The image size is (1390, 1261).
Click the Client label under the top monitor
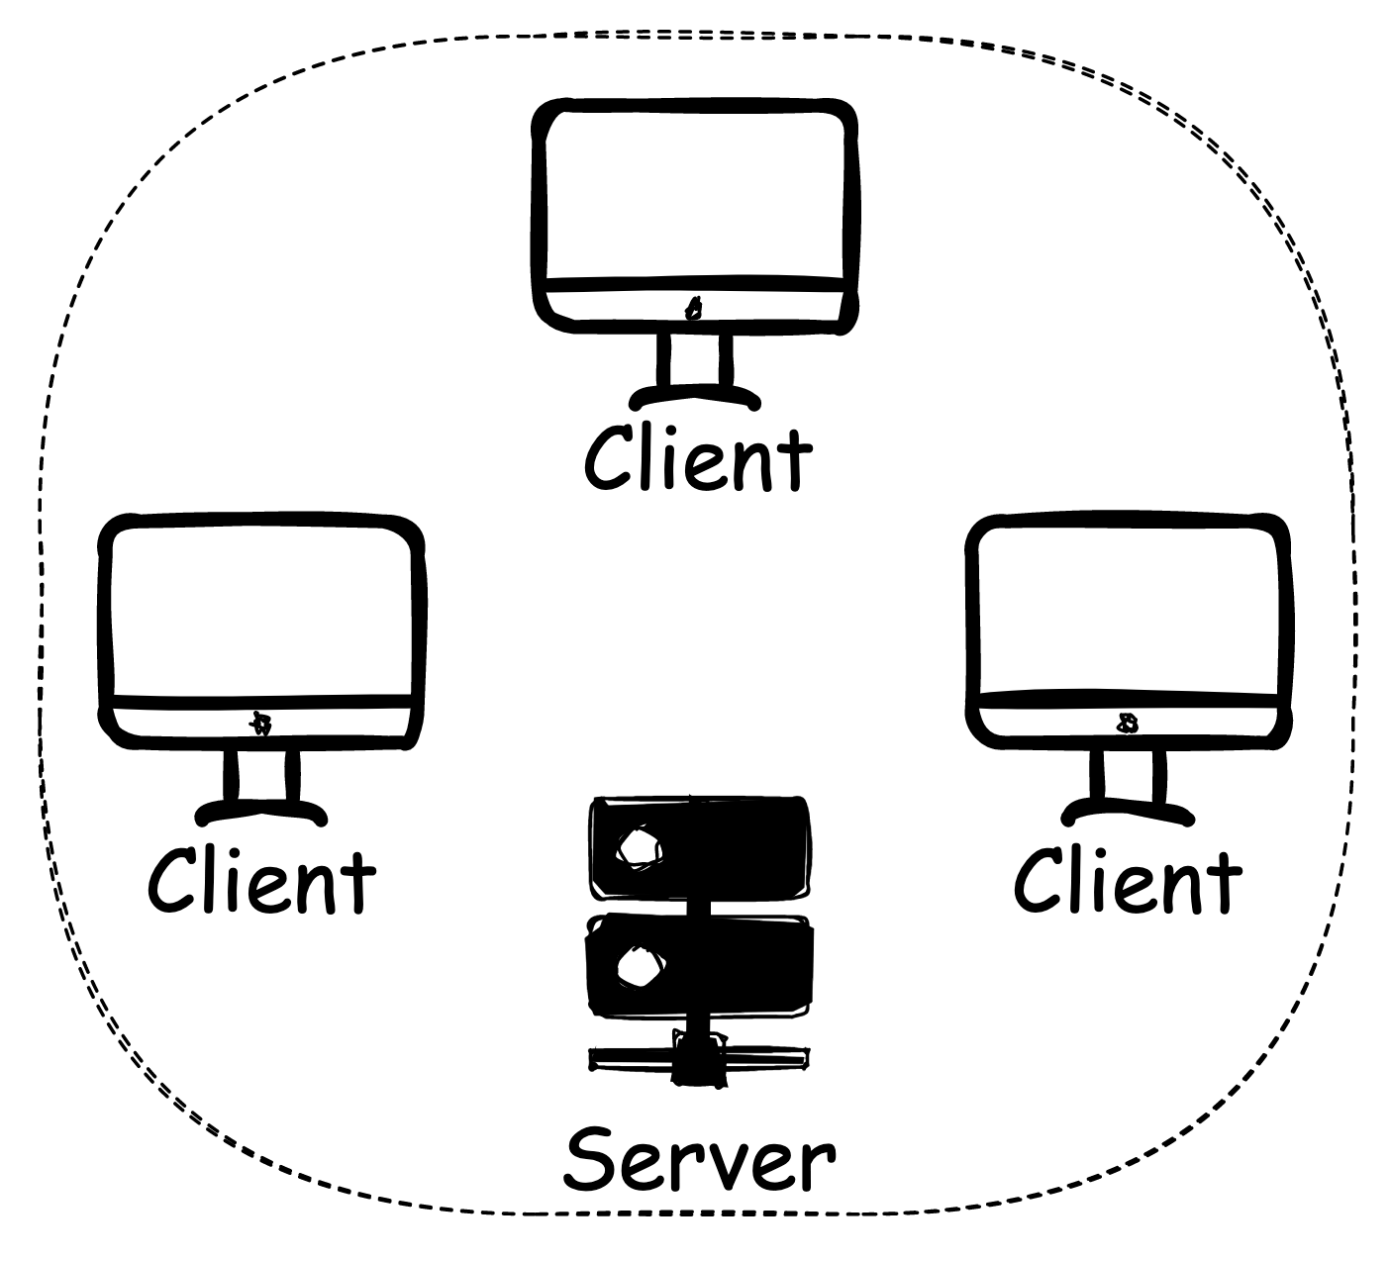point(698,458)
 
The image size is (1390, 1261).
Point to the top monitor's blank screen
point(694,194)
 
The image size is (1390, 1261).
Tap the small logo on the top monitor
point(694,310)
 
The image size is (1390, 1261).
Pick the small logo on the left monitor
point(261,724)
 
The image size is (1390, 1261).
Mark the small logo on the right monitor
point(1127,724)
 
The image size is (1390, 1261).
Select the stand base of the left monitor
point(261,813)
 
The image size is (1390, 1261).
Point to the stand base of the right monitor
point(1128,813)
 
